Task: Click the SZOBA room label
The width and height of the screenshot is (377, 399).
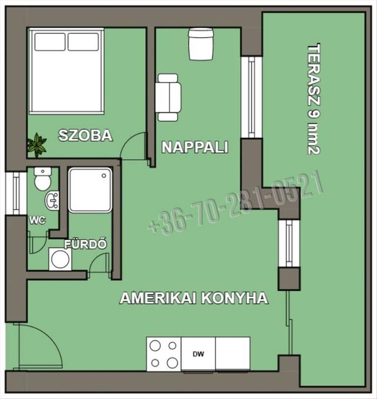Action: (x=86, y=135)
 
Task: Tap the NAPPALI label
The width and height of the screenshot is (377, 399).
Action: (x=195, y=147)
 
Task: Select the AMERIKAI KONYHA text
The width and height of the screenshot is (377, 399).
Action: (x=194, y=298)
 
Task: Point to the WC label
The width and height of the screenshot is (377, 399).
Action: (x=37, y=220)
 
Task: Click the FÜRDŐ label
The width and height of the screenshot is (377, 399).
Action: (x=85, y=244)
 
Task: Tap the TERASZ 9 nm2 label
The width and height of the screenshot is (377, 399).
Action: (x=314, y=99)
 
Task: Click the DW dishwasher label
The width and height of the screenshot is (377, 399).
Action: (x=198, y=354)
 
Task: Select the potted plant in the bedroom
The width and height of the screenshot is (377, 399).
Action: (x=37, y=145)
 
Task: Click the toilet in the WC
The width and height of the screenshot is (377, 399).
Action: (x=43, y=179)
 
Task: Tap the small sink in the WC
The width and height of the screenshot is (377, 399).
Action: (x=52, y=201)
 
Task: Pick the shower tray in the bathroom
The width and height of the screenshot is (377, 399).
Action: (x=90, y=190)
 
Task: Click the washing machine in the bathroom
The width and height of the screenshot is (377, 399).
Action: (x=60, y=259)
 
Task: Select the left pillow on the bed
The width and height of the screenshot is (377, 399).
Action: (x=50, y=42)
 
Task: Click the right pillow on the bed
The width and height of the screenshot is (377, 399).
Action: (x=83, y=42)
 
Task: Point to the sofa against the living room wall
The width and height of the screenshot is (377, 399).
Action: (x=168, y=97)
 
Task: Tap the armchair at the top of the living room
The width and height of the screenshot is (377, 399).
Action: (x=201, y=44)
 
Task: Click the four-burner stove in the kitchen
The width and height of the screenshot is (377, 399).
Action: (x=164, y=354)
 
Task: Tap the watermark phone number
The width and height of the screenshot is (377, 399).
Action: (x=235, y=202)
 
